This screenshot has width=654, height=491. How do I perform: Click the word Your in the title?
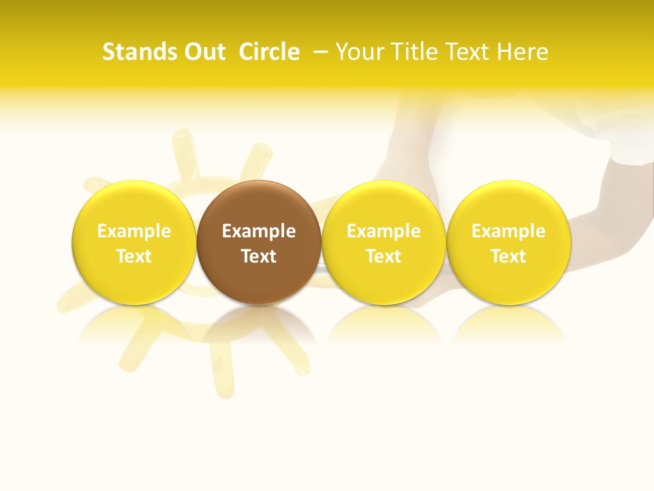point(360,52)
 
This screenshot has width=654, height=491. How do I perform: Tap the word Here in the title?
point(523,52)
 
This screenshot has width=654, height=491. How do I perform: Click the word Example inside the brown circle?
point(259,231)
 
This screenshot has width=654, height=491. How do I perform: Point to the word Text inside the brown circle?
point(259,256)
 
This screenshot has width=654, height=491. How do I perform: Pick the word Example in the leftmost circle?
point(134,231)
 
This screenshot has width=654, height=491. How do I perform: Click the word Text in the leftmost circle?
point(134,256)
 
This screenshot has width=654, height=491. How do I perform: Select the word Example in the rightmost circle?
point(508,231)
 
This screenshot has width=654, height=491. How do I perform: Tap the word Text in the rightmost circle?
point(508,256)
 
